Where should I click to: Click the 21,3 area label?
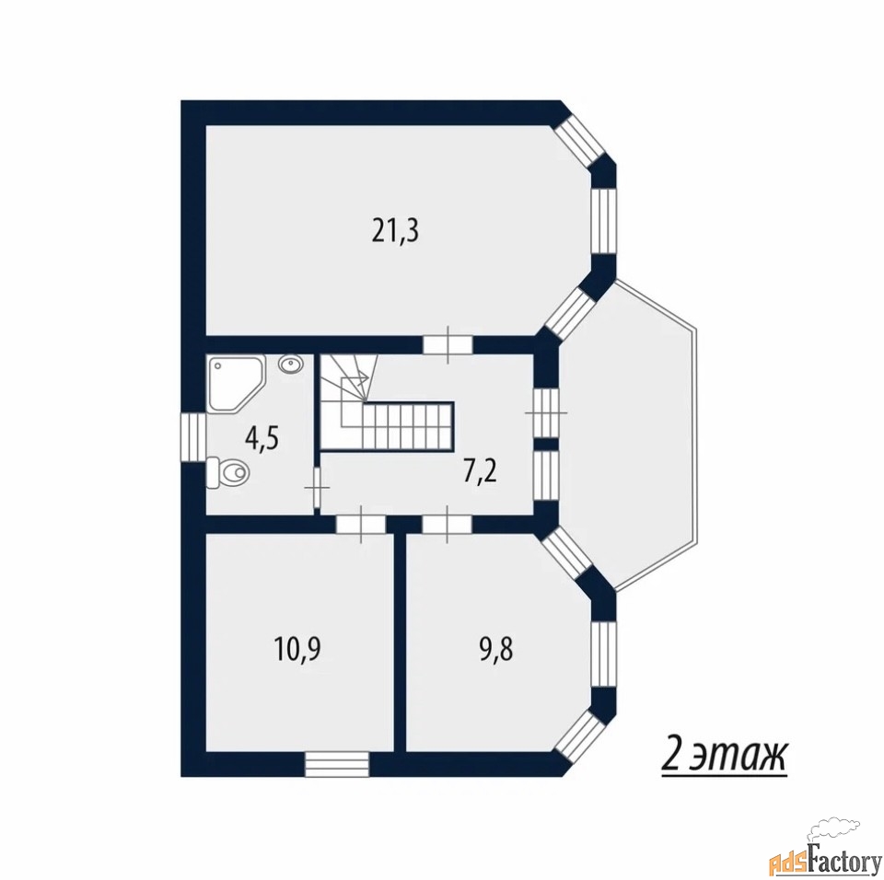pos(395,231)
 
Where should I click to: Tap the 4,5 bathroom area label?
pos(262,438)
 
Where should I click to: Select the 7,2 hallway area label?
pos(480,472)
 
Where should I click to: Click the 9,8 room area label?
pos(495,650)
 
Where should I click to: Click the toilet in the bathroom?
pos(227,472)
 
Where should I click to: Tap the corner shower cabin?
pos(236,384)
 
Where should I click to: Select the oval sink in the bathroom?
pos(290,365)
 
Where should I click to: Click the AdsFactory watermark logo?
pos(825,853)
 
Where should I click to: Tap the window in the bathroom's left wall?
pos(193,438)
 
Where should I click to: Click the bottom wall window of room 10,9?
pos(337,764)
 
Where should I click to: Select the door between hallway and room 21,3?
pos(448,344)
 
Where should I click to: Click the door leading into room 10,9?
pos(361,525)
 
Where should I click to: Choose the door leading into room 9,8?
pos(448,525)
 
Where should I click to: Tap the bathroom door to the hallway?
pos(316,487)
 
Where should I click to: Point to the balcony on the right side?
pos(627,434)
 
